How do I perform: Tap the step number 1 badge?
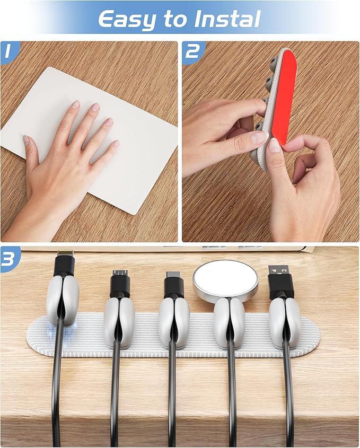click(x=8, y=51)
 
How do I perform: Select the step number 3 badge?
click(x=9, y=258)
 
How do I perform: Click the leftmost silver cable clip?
click(x=63, y=300)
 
